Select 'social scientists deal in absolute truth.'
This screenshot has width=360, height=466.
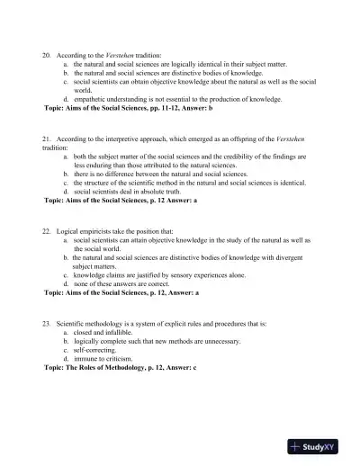pyautogui.click(x=131, y=192)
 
